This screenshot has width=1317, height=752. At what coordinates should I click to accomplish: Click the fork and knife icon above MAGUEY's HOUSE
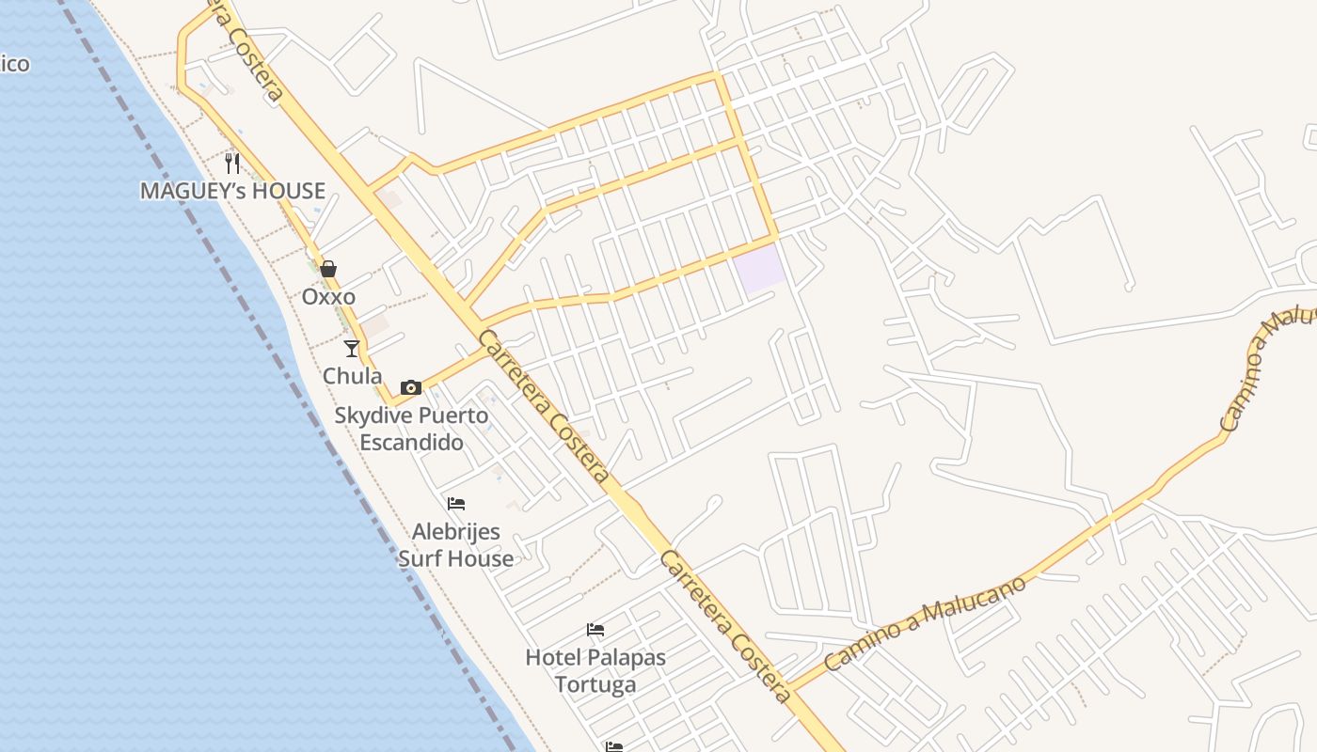(x=232, y=163)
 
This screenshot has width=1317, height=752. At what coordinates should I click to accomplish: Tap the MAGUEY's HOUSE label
(x=232, y=191)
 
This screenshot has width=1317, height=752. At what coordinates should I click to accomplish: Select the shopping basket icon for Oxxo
(x=328, y=270)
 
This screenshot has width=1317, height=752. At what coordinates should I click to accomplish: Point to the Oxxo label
(x=328, y=297)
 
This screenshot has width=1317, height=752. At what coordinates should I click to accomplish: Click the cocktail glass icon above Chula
(x=352, y=349)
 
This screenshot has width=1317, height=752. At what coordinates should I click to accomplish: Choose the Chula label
(x=352, y=376)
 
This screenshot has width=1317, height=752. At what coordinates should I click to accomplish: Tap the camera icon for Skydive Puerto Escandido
(x=411, y=387)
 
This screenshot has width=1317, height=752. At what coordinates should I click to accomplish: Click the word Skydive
(x=373, y=415)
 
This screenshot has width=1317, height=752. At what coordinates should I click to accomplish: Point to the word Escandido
(x=412, y=442)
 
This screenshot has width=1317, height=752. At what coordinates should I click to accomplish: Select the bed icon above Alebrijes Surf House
(x=456, y=504)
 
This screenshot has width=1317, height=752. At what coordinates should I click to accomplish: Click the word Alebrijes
(x=456, y=532)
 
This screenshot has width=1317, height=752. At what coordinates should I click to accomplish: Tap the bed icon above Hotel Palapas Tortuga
(x=595, y=629)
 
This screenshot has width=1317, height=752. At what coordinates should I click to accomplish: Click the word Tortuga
(x=595, y=683)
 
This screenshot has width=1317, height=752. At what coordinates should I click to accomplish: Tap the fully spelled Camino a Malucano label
(x=924, y=622)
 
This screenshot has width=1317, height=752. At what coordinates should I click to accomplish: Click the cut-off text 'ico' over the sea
(x=15, y=64)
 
